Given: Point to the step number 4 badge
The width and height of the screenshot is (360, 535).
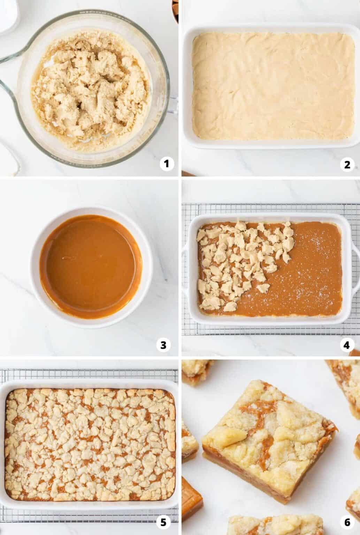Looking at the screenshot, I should pyautogui.click(x=346, y=345).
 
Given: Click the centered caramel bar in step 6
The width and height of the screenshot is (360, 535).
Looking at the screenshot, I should pyautogui.click(x=268, y=442).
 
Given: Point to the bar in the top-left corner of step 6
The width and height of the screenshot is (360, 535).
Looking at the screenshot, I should pyautogui.click(x=197, y=373).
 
